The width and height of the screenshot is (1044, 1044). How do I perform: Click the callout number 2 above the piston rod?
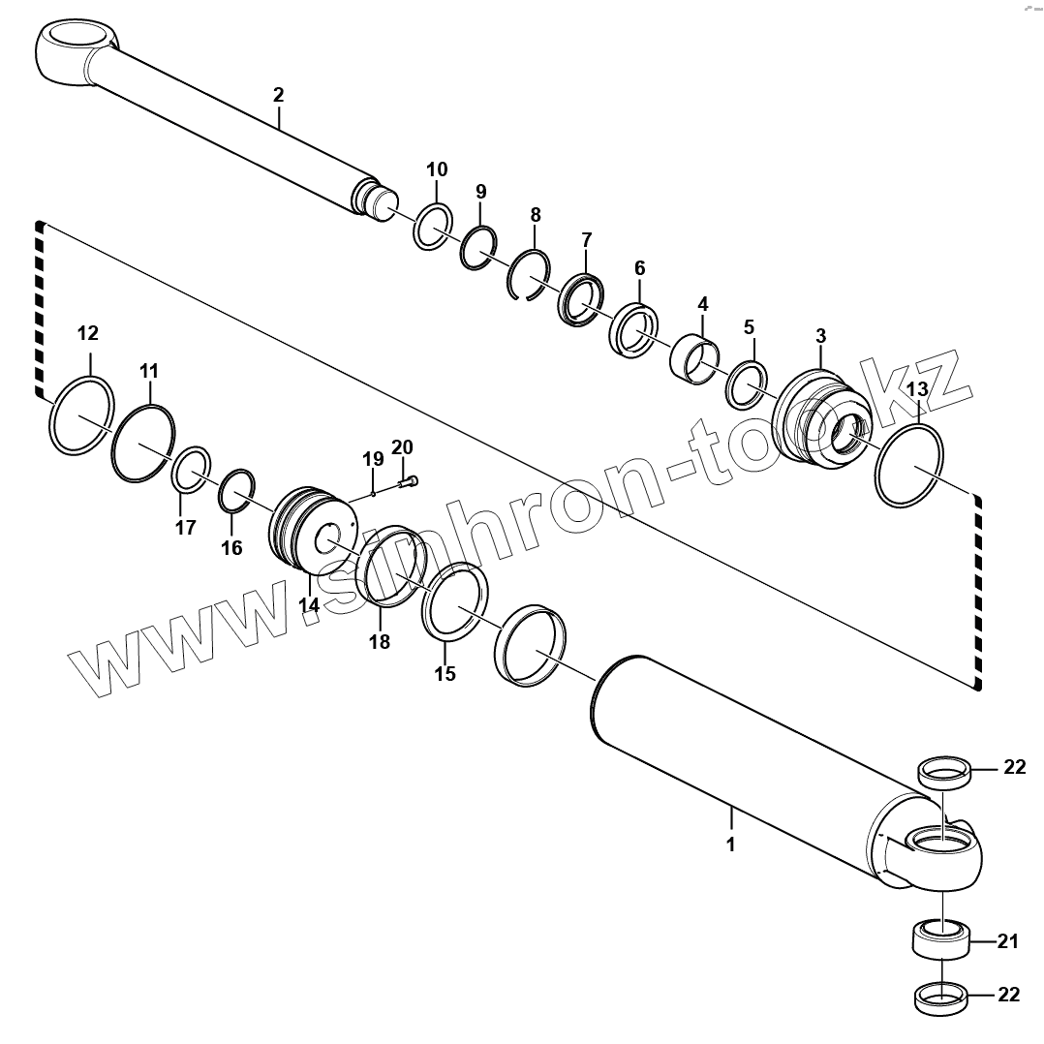coord(278,95)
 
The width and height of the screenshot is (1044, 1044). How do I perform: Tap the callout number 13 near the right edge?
coord(917,388)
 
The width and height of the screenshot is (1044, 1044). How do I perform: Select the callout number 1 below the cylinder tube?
coord(730,844)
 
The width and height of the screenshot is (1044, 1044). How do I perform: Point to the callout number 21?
coord(1008,940)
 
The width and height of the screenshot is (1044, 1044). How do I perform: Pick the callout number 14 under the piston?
coord(308,605)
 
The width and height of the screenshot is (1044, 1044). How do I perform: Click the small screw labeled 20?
coord(411,480)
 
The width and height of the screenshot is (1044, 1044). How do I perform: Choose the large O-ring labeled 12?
coord(81,416)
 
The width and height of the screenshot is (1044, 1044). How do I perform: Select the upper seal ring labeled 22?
coord(943,772)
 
